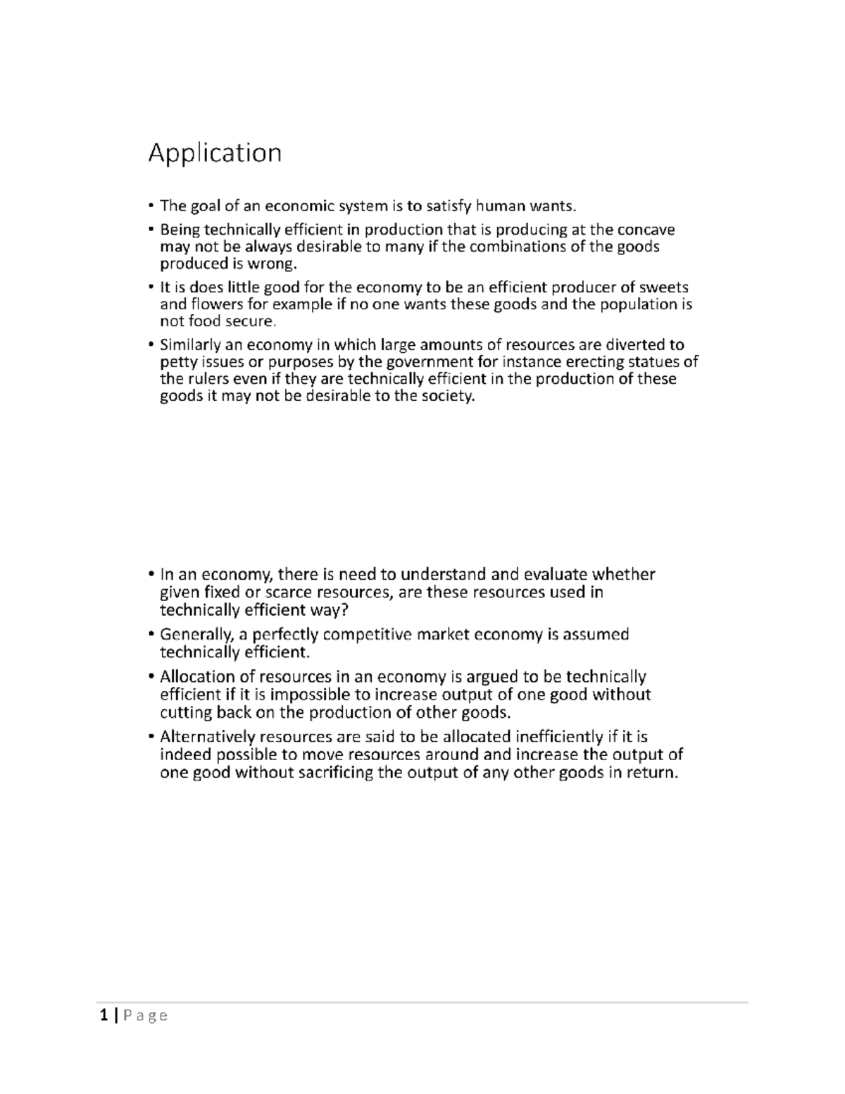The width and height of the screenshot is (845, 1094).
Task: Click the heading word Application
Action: pyautogui.click(x=215, y=153)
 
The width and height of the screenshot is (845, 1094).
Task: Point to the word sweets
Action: pyautogui.click(x=663, y=287)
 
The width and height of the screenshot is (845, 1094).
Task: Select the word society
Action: pyautogui.click(x=449, y=396)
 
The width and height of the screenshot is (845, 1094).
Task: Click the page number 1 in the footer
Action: pyautogui.click(x=104, y=1015)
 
